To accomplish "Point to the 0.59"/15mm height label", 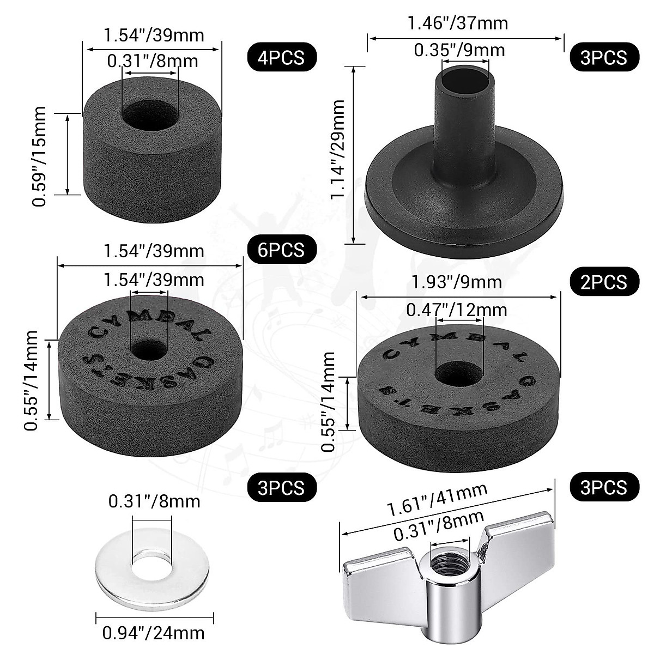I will coord(39,156).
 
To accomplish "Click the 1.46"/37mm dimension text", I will coord(458,23).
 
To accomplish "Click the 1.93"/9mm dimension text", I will coord(457,282).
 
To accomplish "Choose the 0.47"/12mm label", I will coord(457,310).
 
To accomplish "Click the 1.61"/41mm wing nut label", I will coord(437,500).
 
